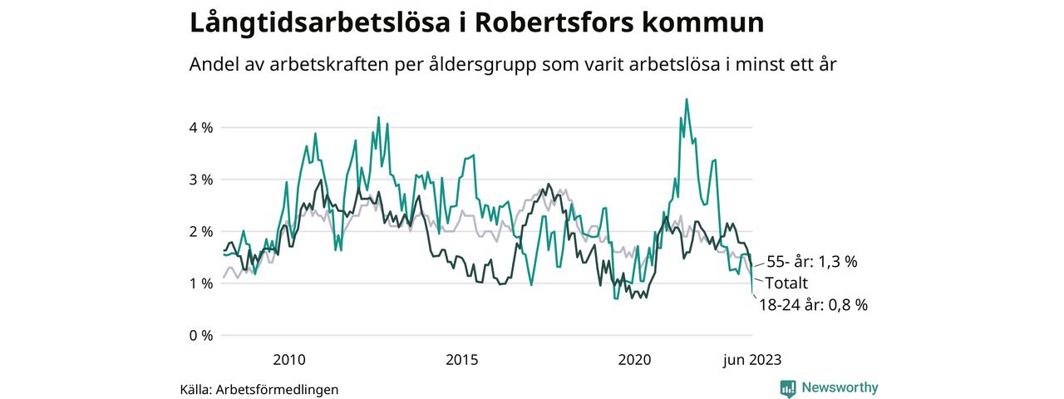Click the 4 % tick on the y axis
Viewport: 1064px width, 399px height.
[x=200, y=128]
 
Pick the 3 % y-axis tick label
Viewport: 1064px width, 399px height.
[x=200, y=180]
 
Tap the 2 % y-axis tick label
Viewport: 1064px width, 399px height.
[x=200, y=231]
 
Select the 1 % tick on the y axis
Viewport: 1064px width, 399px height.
[x=200, y=283]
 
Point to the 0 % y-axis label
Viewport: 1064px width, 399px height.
[x=200, y=336]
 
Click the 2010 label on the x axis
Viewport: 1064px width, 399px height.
[x=289, y=360]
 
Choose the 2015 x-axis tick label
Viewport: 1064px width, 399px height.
[x=462, y=360]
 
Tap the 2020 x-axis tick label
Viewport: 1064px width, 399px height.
[x=635, y=360]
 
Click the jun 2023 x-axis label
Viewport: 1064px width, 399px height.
[x=751, y=360]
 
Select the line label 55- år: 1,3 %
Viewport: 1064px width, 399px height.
[x=811, y=262]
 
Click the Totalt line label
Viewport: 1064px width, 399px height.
[x=786, y=283]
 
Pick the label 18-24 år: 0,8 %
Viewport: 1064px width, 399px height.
[x=813, y=305]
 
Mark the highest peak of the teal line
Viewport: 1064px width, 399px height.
[x=687, y=100]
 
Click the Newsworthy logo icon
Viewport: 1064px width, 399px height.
[x=788, y=388]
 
